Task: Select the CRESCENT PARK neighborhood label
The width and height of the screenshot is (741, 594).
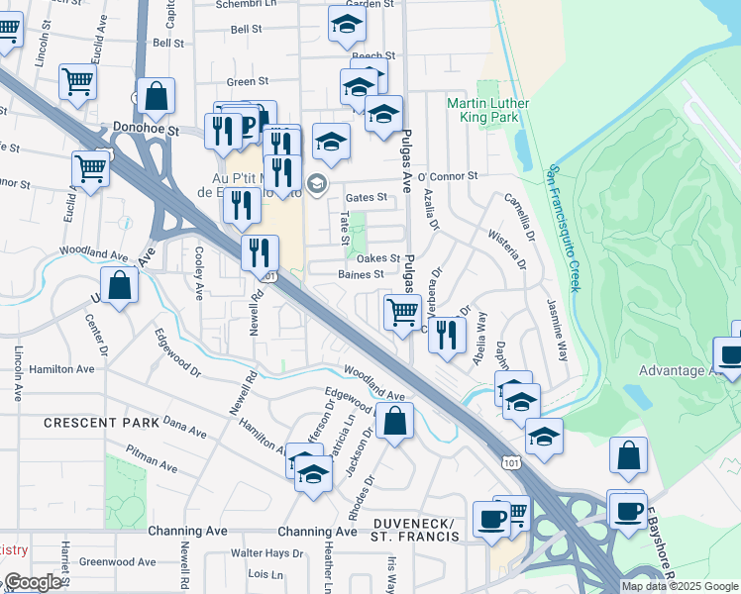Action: click(101, 423)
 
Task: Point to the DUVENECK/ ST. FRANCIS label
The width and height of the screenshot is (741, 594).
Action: click(416, 530)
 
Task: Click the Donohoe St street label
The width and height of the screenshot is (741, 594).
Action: click(146, 129)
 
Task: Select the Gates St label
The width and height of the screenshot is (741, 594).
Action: click(366, 198)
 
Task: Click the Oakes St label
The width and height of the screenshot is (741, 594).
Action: click(378, 258)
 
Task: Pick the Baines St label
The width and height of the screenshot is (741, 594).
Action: click(361, 274)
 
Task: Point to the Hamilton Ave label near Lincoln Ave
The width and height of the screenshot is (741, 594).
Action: click(61, 368)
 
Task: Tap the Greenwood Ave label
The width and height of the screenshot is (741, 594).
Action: click(113, 561)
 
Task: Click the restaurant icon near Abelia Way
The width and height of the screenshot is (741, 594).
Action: click(448, 334)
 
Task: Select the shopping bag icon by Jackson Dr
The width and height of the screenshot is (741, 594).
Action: click(394, 420)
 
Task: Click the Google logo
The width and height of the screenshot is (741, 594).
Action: click(32, 582)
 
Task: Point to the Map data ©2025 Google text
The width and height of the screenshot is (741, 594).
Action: click(680, 586)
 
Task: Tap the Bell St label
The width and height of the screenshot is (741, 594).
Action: click(168, 44)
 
